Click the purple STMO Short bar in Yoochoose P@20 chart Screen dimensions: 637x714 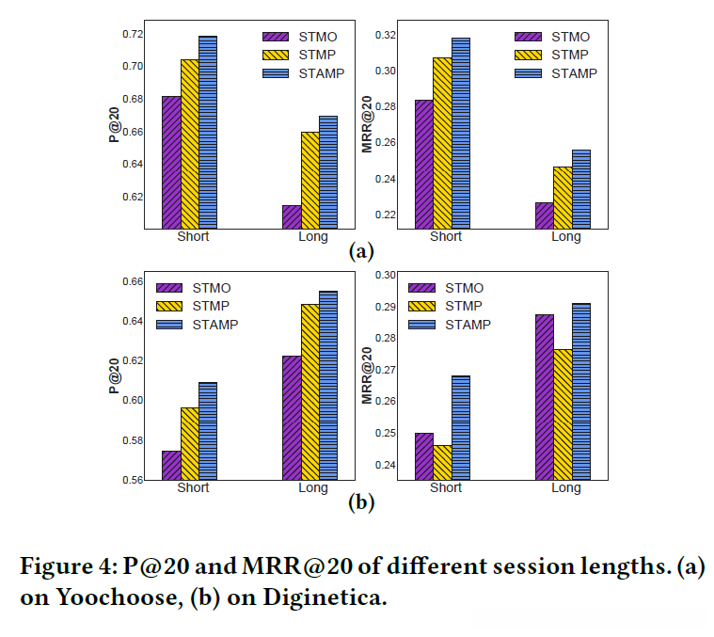[x=171, y=162]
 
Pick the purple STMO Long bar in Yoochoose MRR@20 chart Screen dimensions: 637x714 [x=544, y=215]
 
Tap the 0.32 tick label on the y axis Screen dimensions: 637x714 [x=384, y=35]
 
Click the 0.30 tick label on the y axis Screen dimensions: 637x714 [x=384, y=276]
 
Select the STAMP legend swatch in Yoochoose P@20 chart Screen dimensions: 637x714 [x=278, y=72]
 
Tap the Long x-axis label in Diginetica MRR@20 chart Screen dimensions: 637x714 [x=566, y=488]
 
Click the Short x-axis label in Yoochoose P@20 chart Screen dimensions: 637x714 [x=193, y=236]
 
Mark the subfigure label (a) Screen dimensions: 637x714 [x=361, y=251]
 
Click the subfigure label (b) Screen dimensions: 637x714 [x=361, y=503]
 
